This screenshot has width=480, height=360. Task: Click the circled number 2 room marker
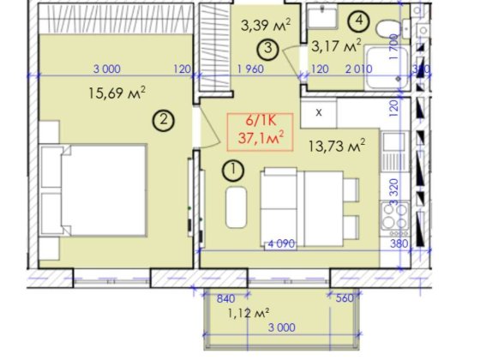click(164, 120)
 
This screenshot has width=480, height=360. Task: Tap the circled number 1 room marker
click(233, 171)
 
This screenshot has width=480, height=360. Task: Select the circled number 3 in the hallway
click(267, 49)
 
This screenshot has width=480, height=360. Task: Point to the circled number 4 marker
click(359, 21)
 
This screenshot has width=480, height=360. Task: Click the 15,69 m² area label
click(117, 93)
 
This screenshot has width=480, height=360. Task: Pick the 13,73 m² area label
click(337, 146)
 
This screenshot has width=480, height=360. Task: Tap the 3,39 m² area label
click(266, 25)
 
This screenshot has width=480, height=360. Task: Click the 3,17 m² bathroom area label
click(336, 46)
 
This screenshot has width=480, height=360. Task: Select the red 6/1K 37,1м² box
click(261, 132)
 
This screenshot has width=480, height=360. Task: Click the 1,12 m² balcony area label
click(249, 314)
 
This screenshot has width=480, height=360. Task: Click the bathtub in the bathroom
click(387, 68)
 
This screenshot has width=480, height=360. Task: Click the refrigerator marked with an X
click(319, 112)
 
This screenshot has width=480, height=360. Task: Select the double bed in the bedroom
click(93, 190)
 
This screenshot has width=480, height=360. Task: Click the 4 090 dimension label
click(282, 244)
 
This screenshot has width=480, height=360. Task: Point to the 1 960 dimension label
click(250, 69)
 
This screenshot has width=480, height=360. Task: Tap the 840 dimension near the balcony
click(226, 298)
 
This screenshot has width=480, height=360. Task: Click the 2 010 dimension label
click(359, 69)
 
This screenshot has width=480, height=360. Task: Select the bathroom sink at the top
click(322, 17)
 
